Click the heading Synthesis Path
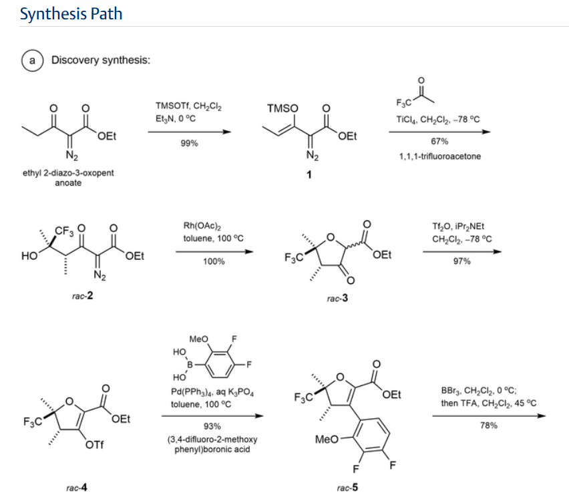[71, 13]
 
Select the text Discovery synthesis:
[101, 61]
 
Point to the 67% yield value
[439, 142]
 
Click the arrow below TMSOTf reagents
[190, 132]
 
